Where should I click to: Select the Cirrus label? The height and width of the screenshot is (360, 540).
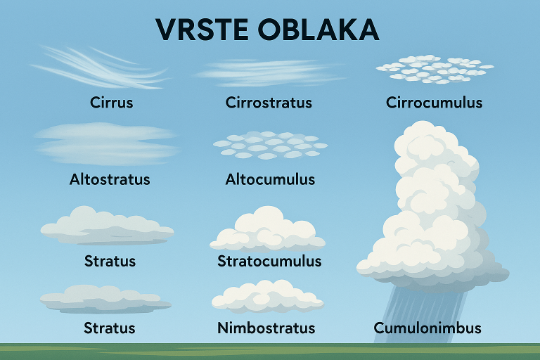click(112, 103)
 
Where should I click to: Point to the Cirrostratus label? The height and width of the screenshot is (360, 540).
click(269, 103)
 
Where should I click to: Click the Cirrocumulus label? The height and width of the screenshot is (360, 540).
click(434, 103)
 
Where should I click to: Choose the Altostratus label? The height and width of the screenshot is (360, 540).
click(110, 179)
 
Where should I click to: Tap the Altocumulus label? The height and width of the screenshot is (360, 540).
click(270, 179)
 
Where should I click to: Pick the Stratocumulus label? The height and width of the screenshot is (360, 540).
click(269, 262)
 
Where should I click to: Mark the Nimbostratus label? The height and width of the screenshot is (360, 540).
click(266, 328)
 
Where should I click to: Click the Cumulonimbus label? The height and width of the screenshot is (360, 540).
click(427, 328)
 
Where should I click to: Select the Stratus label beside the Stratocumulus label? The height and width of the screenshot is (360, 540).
click(110, 262)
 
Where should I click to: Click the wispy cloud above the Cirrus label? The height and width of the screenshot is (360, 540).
click(98, 67)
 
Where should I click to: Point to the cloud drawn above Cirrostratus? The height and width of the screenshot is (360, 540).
click(267, 72)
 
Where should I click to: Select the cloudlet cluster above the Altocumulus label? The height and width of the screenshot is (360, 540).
click(270, 145)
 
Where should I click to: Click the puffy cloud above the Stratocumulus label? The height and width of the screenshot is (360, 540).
click(268, 231)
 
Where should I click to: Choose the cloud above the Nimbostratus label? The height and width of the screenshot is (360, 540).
click(267, 295)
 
